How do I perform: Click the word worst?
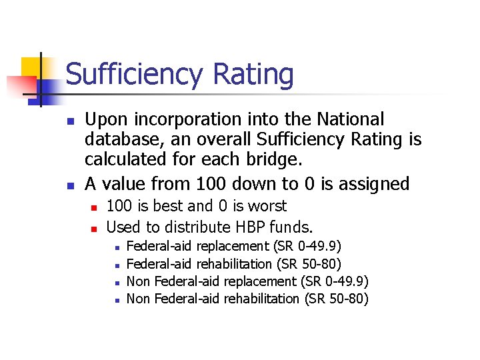[x=266, y=206]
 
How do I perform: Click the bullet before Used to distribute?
[x=94, y=228]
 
